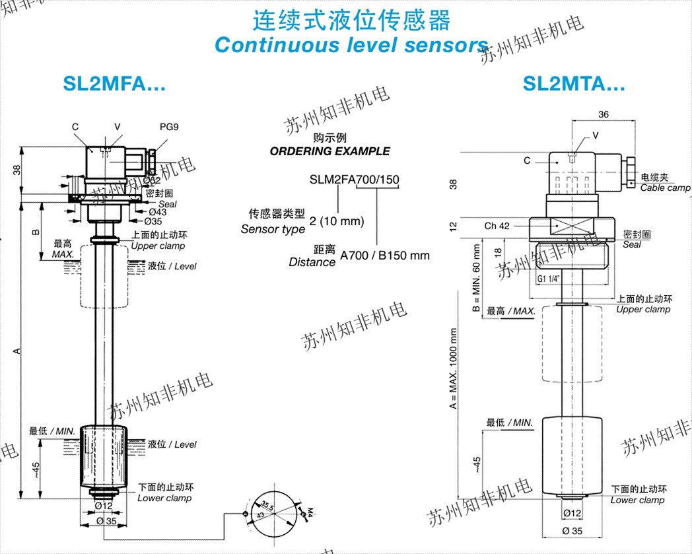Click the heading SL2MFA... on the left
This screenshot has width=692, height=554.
(114, 85)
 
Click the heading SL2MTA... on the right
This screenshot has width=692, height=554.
(573, 85)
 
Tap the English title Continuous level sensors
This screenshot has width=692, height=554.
(351, 45)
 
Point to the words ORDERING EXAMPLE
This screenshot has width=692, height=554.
(329, 151)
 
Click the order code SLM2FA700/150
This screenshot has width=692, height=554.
(354, 180)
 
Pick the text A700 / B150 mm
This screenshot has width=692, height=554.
(384, 256)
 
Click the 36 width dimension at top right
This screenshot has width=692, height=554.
(603, 114)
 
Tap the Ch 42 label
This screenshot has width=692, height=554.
(497, 226)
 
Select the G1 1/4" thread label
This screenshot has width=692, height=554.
(549, 279)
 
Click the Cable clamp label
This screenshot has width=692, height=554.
(665, 188)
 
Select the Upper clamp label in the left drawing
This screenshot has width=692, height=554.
(158, 246)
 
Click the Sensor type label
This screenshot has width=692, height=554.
(273, 229)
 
